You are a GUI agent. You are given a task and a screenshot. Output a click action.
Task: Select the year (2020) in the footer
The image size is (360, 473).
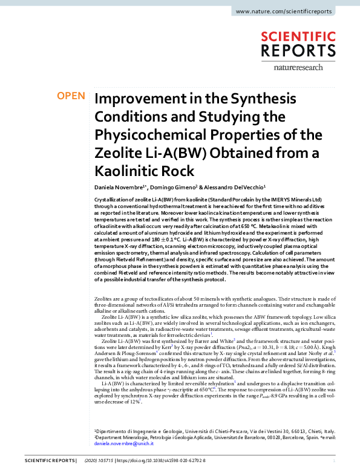(93, 461)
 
